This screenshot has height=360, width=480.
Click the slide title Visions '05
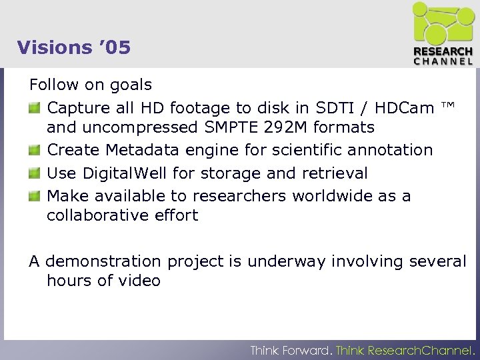74,47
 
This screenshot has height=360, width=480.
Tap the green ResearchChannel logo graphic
442,23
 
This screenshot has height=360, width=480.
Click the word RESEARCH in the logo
443,51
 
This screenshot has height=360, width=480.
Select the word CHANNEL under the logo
443,61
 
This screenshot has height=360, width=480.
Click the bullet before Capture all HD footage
35,107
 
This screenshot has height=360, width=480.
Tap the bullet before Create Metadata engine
35,151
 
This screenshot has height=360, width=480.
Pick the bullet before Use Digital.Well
35,174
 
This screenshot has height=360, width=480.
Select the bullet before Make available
35,197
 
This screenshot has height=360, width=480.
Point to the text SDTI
333,108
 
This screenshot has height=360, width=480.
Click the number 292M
286,127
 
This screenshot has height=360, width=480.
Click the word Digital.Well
128,174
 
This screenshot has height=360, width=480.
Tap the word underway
283,262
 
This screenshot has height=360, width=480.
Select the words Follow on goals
91,85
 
